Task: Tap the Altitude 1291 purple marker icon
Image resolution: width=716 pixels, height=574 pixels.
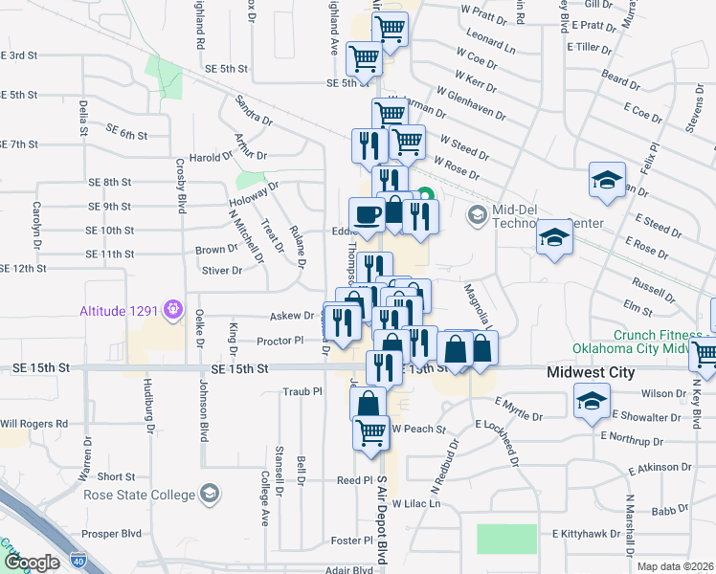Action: pos(172,309)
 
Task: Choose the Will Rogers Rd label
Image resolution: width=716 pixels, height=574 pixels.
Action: pos(34,423)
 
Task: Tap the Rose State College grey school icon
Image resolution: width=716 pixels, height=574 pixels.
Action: pos(209,495)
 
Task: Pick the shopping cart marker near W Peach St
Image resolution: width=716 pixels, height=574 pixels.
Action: pos(370,431)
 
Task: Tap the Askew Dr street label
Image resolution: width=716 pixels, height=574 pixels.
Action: pos(293,315)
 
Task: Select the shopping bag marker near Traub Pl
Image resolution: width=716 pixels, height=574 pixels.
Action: pos(368,403)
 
